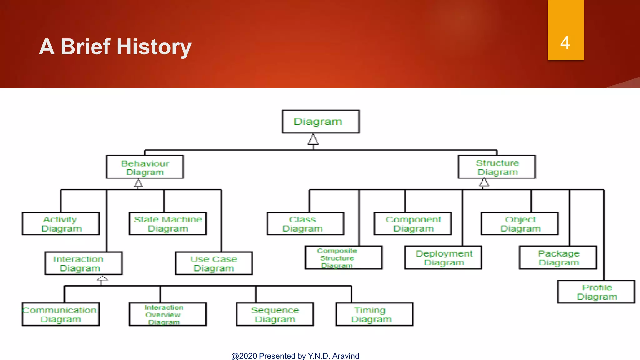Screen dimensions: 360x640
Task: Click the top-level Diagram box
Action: (321, 122)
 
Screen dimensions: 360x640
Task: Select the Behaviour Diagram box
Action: (145, 167)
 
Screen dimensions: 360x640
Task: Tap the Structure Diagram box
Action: (497, 167)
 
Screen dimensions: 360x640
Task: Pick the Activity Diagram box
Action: (61, 224)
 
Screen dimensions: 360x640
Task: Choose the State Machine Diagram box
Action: (168, 224)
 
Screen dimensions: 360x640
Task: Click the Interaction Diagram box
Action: (84, 263)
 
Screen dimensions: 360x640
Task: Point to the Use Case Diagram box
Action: (214, 263)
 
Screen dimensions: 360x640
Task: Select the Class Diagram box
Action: (306, 224)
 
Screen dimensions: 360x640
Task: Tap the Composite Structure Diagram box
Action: (344, 258)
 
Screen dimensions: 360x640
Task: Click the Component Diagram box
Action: (413, 224)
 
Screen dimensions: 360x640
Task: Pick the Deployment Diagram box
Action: (443, 258)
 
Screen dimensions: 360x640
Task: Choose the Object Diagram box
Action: (520, 224)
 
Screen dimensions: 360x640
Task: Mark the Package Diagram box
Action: (558, 258)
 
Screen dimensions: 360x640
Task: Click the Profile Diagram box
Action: (596, 292)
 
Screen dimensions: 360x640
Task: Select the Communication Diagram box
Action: (61, 314)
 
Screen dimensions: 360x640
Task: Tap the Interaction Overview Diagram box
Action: (168, 314)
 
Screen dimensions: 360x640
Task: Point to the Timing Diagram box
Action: (374, 314)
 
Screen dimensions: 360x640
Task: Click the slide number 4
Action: (565, 43)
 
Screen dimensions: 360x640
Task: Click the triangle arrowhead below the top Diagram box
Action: (313, 140)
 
